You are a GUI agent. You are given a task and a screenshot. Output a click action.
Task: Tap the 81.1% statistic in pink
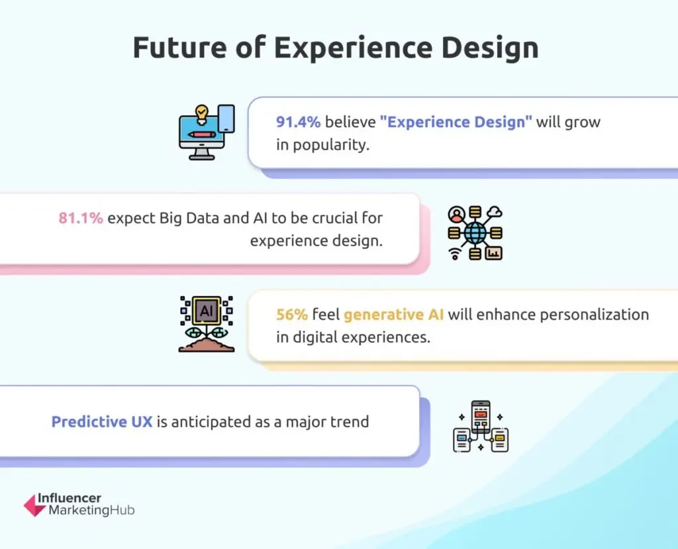pyautogui.click(x=81, y=218)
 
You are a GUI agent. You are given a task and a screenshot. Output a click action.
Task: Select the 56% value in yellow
pyautogui.click(x=291, y=315)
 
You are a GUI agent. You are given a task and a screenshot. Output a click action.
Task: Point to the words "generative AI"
pyautogui.click(x=394, y=315)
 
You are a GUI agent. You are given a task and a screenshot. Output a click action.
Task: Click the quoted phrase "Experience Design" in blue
pyautogui.click(x=456, y=123)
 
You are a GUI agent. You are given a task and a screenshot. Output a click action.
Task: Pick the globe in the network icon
pyautogui.click(x=475, y=232)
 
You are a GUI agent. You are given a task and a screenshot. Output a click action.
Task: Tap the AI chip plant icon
pyautogui.click(x=207, y=323)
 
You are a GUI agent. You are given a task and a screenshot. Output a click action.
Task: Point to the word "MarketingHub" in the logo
pyautogui.click(x=91, y=511)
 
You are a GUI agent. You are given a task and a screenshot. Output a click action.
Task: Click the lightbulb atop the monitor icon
pyautogui.click(x=201, y=112)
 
